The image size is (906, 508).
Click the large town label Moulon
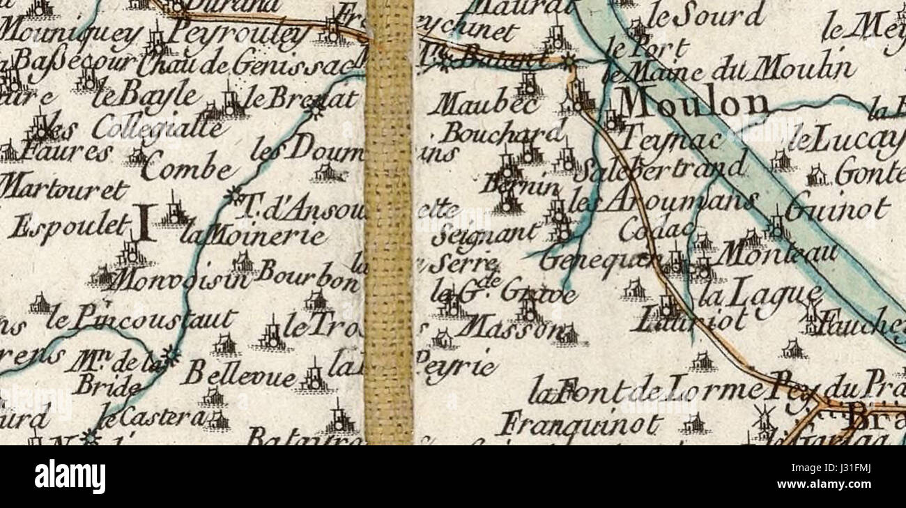[693, 104]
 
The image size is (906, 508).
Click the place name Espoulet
[69, 226]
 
